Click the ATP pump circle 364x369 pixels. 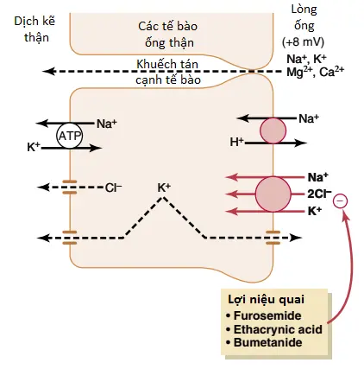(69, 136)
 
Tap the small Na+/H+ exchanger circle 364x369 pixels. (273, 130)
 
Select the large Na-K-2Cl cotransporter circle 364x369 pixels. (273, 194)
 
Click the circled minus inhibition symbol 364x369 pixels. (340, 200)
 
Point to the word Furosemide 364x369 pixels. (267, 315)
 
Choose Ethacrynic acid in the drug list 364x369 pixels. (278, 329)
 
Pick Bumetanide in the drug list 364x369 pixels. (268, 342)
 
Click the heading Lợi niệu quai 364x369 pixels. (266, 300)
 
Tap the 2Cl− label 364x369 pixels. (319, 194)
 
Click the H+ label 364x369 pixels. (237, 142)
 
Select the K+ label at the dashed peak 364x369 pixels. (164, 188)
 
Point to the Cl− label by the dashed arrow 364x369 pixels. (113, 188)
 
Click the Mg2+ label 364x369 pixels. (298, 72)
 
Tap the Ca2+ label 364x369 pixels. (331, 72)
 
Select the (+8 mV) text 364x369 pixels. (303, 42)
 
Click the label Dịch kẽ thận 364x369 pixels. (35, 29)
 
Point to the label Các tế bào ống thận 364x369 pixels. (168, 35)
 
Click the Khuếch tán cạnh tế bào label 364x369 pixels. (168, 72)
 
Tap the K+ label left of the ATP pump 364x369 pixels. (34, 147)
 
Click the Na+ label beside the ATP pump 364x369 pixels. (107, 124)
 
